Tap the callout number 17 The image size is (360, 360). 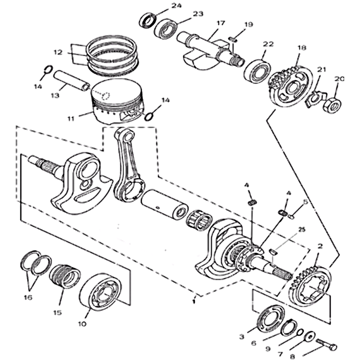(x=220, y=23)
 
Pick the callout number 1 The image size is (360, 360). (x=193, y=298)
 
